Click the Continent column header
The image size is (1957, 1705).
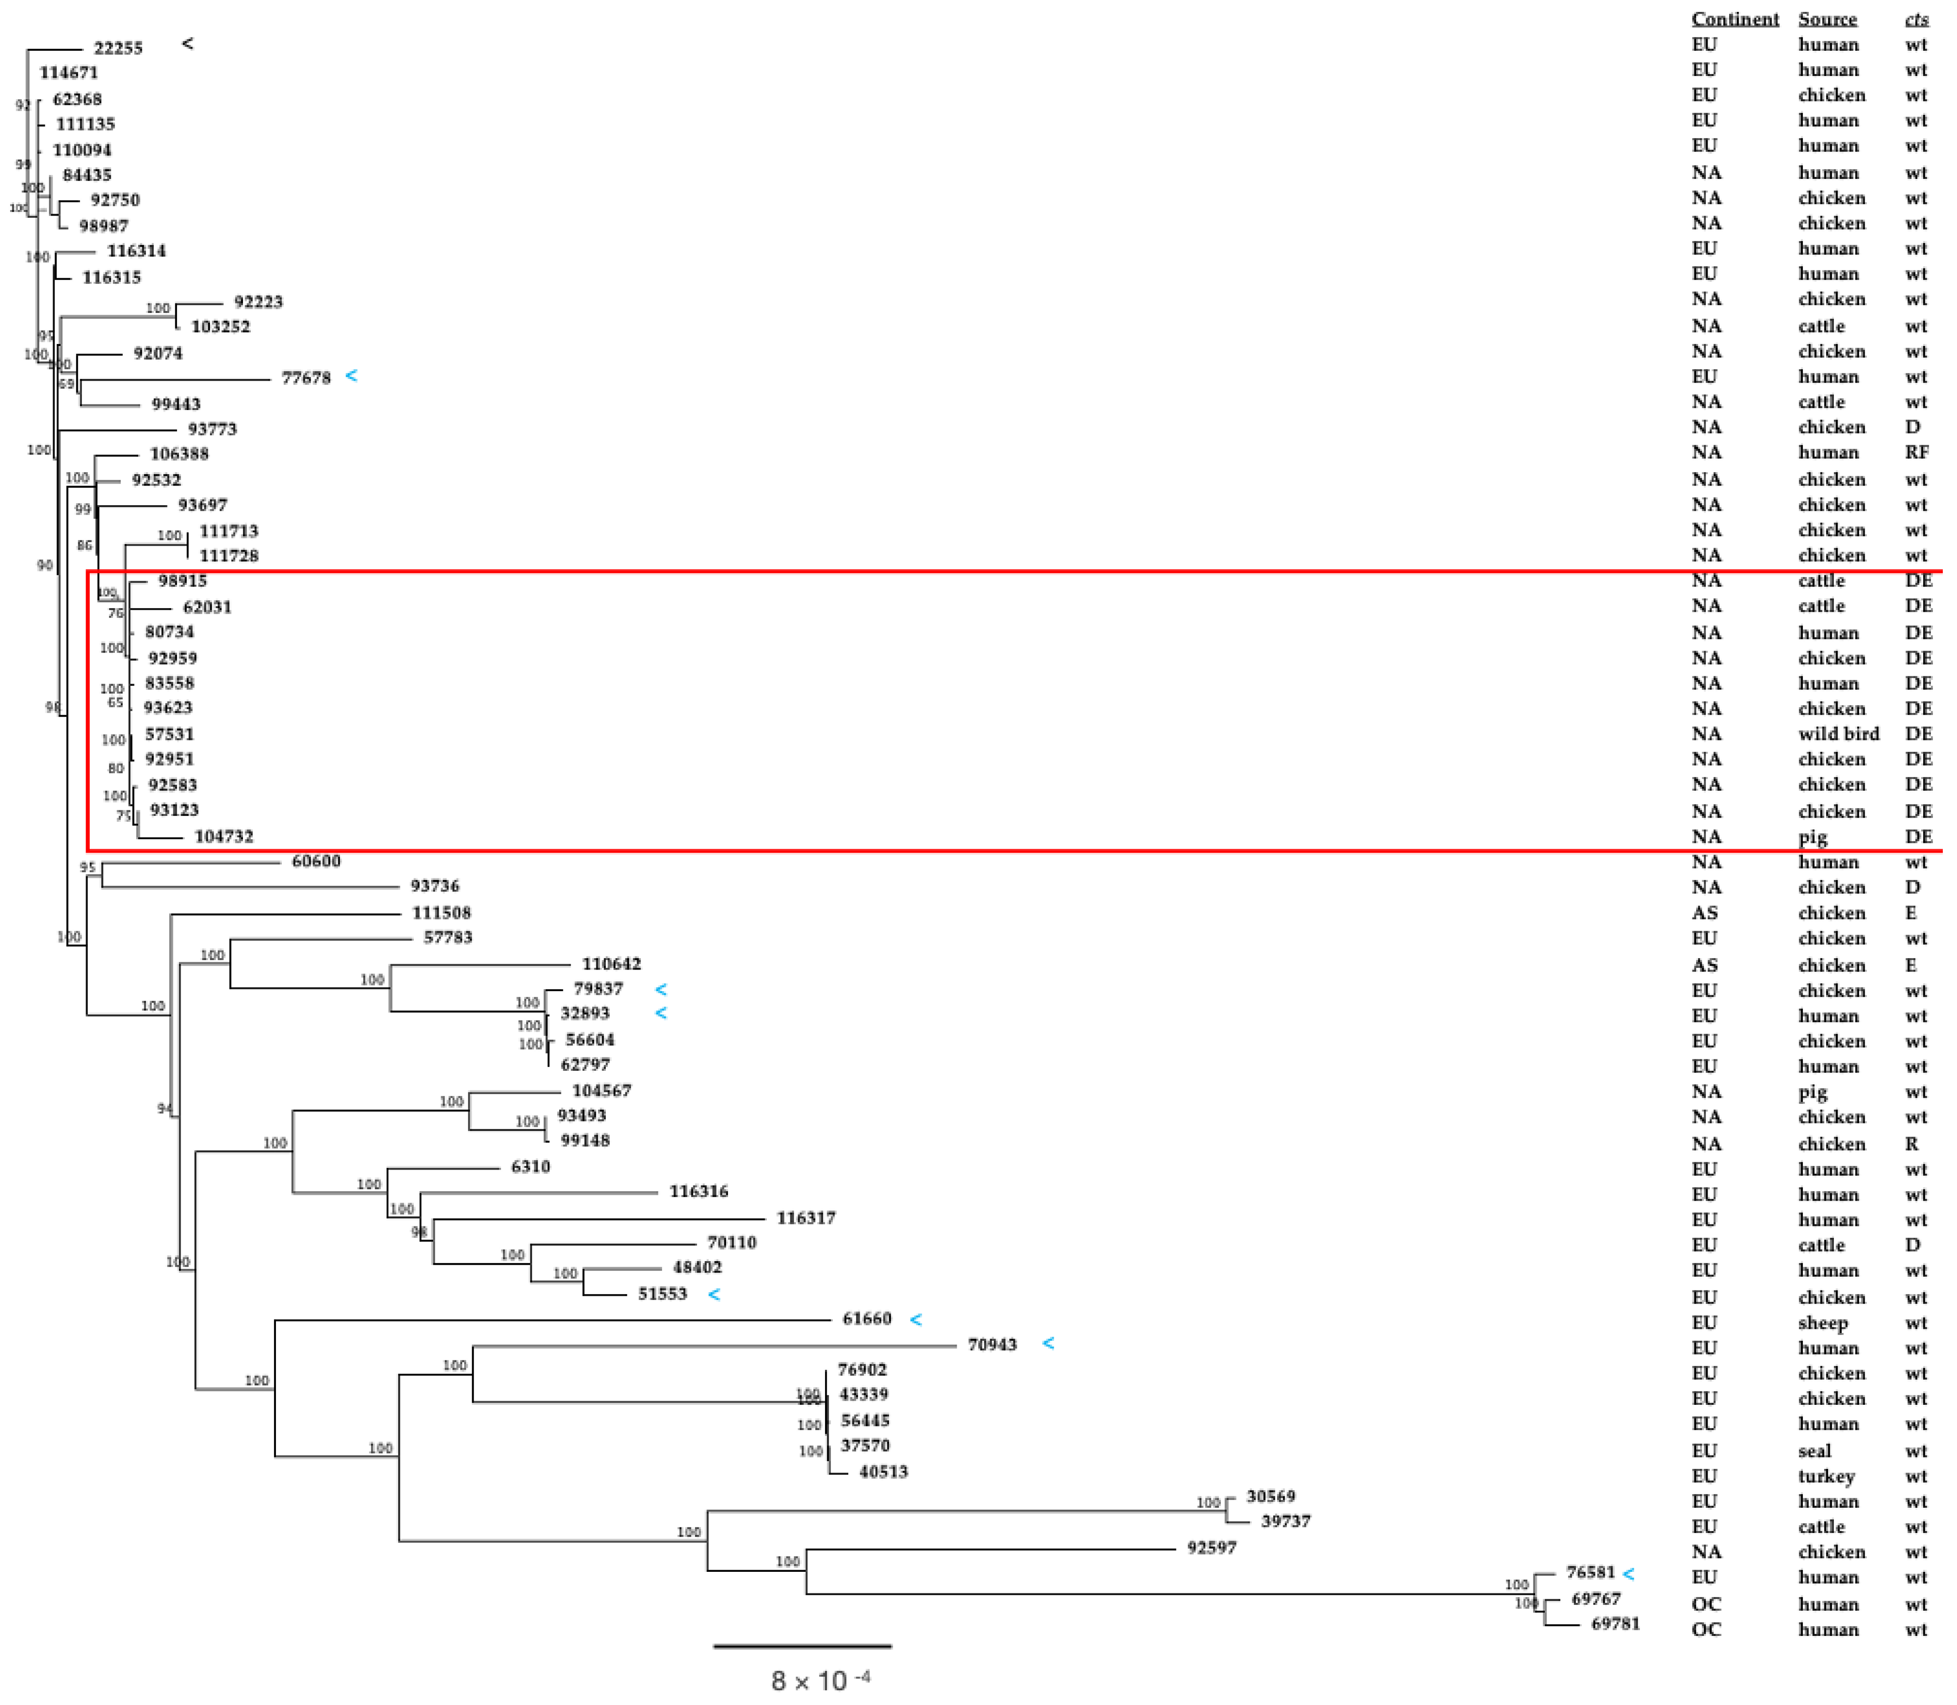pos(1734,19)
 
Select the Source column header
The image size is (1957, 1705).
pos(1827,19)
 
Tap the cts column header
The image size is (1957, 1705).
pos(1916,19)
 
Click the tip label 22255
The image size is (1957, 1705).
pos(118,48)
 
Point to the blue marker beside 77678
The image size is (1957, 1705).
pos(351,376)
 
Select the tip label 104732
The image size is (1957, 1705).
pos(224,836)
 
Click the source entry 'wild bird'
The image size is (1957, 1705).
pos(1838,734)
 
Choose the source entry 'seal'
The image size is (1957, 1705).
pos(1814,1451)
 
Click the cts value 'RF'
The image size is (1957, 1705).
pos(1916,453)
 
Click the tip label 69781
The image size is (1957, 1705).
pos(1616,1623)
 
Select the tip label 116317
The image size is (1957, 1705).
pos(806,1218)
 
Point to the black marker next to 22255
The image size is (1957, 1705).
pos(188,44)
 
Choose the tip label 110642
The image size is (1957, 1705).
pos(611,964)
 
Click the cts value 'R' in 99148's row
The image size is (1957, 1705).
pos(1911,1144)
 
